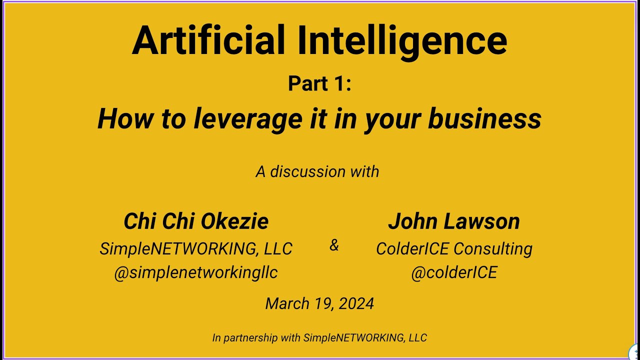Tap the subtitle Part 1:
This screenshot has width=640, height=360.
coord(319,83)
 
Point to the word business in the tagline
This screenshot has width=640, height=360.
coord(484,119)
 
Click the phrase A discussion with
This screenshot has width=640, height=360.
coord(317,171)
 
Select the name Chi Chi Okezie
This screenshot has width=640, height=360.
coord(196,221)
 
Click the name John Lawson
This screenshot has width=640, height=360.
coord(454,221)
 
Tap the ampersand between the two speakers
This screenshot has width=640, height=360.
coord(334,245)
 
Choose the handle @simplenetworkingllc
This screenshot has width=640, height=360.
coord(196,272)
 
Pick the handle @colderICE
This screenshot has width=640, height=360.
coord(454,272)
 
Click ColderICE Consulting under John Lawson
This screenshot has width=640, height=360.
coord(454,248)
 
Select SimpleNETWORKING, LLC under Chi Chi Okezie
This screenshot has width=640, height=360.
coord(196,248)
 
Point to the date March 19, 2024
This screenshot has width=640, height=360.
coord(319,303)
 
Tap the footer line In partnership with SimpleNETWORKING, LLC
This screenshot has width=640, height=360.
coord(319,338)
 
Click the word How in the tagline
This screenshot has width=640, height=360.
coord(119,119)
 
